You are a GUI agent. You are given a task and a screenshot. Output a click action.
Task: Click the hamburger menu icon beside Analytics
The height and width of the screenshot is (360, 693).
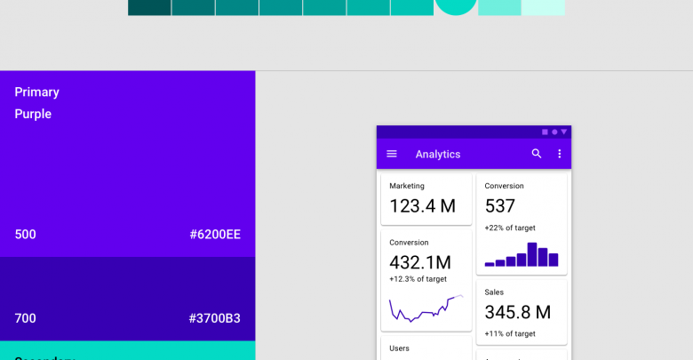[x=392, y=154]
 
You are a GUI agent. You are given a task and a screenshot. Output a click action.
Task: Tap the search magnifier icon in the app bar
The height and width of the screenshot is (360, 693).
[x=537, y=154]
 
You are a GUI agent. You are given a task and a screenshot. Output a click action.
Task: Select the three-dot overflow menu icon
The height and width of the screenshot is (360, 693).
[x=560, y=154]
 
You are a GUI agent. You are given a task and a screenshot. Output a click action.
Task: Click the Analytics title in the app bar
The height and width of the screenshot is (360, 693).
[x=438, y=155]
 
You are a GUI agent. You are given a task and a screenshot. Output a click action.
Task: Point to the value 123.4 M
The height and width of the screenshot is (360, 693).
[x=423, y=206]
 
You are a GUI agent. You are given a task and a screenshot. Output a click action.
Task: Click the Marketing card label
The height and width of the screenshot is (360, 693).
[x=407, y=186]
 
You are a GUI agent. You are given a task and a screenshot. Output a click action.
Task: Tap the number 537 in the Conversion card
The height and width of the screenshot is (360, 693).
[x=500, y=206]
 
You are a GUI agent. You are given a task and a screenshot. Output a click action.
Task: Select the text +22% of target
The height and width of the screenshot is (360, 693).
[x=510, y=228]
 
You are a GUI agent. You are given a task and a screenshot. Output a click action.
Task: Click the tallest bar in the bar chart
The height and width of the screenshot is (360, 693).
[x=532, y=254]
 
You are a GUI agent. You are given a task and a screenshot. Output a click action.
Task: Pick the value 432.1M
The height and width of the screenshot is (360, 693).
[x=420, y=262]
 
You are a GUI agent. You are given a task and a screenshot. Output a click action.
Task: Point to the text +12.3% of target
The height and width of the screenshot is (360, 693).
[x=418, y=279]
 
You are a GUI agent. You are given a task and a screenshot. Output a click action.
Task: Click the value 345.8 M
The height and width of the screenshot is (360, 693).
[x=518, y=312]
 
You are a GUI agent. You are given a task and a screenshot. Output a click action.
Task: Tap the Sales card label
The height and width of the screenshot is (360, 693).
[x=494, y=292]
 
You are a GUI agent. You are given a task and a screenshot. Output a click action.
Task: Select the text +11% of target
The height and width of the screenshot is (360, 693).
[x=510, y=333]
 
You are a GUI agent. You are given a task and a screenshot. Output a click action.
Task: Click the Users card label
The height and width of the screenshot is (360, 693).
[x=400, y=348]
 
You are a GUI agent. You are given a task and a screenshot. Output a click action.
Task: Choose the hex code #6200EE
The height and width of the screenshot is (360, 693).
[x=215, y=235]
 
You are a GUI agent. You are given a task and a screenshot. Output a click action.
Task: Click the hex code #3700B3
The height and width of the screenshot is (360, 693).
[x=215, y=318]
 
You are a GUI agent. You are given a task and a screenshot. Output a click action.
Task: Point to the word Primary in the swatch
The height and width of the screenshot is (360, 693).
[x=37, y=92]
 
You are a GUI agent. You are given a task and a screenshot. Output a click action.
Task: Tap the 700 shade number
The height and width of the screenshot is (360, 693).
[x=25, y=318]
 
